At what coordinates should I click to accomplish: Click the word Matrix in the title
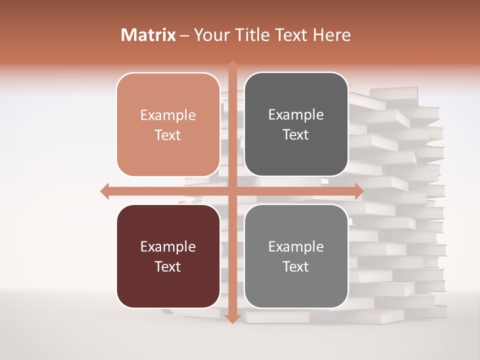pos(148,35)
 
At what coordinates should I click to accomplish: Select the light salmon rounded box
pos(168,124)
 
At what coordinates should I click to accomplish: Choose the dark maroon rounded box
pos(168,256)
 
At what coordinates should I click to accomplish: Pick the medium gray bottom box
pos(296,256)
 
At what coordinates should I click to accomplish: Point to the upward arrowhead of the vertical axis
pos(232,65)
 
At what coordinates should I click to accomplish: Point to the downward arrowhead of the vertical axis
pos(232,318)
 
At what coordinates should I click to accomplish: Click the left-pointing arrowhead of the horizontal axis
pos(104,191)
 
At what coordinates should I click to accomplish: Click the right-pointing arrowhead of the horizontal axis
pos(359,191)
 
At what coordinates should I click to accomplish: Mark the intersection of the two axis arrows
pos(232,191)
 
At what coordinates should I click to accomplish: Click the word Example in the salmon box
pos(168,115)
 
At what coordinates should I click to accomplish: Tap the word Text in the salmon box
pos(168,135)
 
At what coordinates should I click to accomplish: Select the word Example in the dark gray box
pos(296,115)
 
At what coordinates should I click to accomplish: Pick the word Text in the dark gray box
pos(296,134)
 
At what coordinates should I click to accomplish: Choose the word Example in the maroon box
pos(168,247)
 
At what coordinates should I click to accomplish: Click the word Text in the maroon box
pos(168,266)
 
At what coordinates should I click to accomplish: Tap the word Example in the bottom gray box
pos(296,247)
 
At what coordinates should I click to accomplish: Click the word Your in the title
pos(210,35)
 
